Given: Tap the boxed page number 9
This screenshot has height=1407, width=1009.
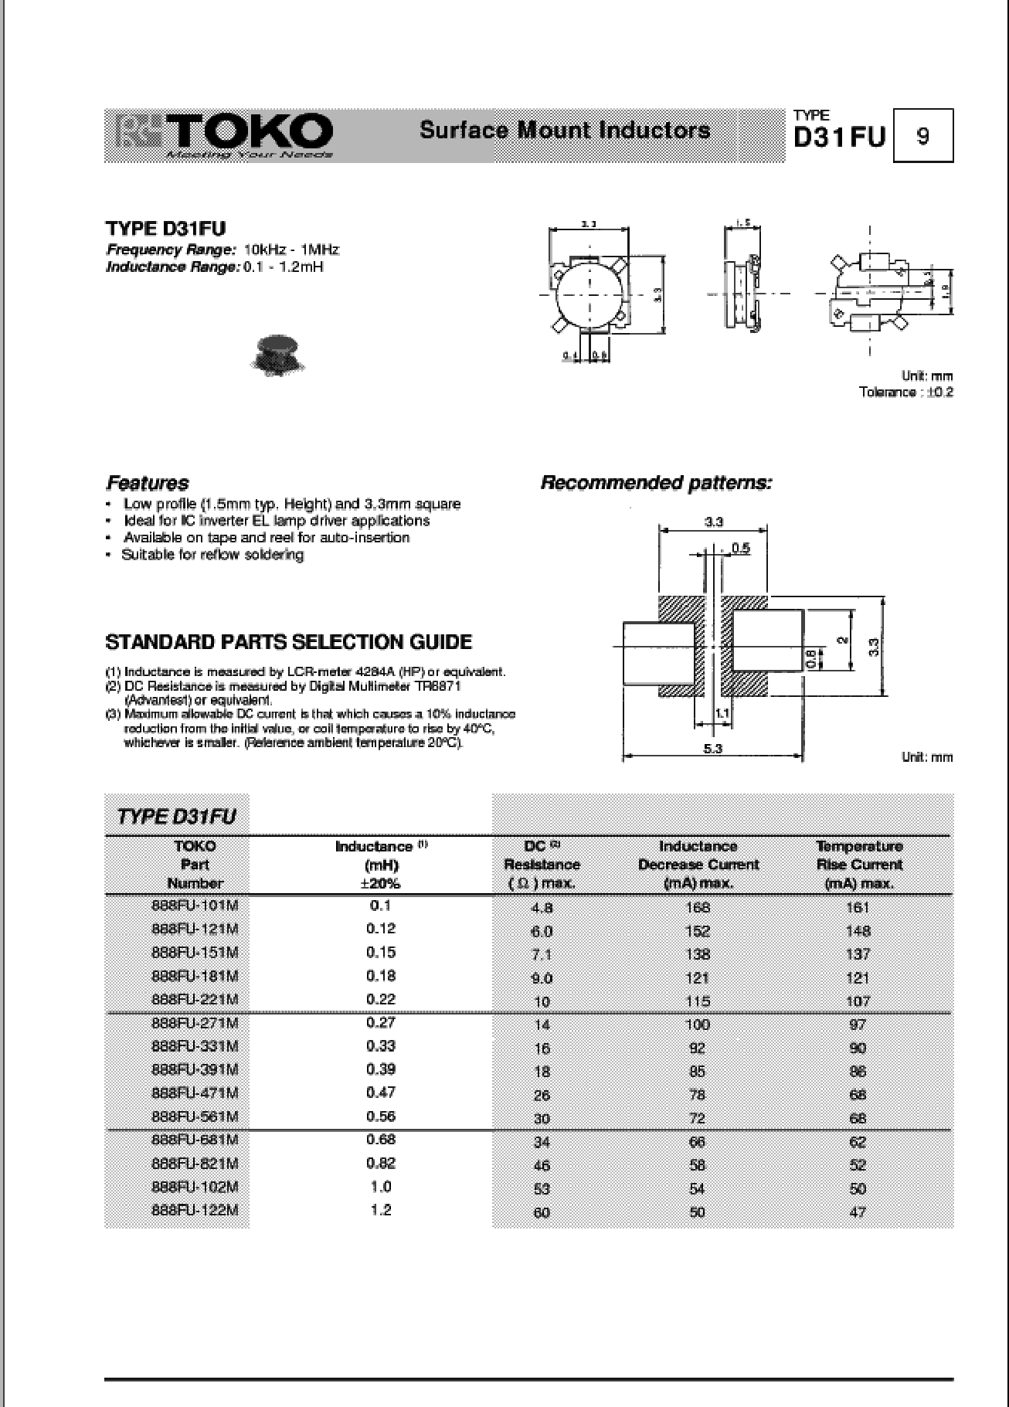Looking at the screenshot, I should (922, 136).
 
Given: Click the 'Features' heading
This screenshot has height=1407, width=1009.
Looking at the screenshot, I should (148, 484).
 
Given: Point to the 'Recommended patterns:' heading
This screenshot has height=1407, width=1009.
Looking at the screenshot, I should (656, 484).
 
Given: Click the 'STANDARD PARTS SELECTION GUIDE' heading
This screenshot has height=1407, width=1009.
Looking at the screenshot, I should (288, 642).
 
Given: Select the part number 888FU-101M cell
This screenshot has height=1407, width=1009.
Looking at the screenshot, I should (195, 906).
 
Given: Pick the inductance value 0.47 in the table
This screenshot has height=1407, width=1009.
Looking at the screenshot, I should (381, 1093).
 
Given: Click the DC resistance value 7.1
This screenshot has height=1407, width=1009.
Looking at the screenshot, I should (542, 954).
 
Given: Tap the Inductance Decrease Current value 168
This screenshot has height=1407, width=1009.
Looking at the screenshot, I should (697, 907).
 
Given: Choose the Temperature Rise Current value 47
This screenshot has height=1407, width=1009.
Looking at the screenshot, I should (858, 1212).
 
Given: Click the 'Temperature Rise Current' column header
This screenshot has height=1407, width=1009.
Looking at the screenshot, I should (858, 865).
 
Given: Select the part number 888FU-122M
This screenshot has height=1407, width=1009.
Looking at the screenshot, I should (195, 1210).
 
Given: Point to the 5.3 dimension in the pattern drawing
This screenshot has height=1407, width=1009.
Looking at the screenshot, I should (713, 748).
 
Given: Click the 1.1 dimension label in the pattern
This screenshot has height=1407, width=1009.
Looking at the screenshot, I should (722, 713).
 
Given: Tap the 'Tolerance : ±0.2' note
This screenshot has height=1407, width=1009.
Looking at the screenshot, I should (905, 393).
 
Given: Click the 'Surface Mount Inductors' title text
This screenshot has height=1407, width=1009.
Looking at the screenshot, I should (565, 130).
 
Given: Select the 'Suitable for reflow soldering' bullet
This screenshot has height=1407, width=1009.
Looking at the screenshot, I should (212, 555).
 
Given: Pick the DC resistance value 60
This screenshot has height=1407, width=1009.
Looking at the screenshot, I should (542, 1212).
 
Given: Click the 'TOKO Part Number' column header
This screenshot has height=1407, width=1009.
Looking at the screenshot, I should (195, 865).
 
